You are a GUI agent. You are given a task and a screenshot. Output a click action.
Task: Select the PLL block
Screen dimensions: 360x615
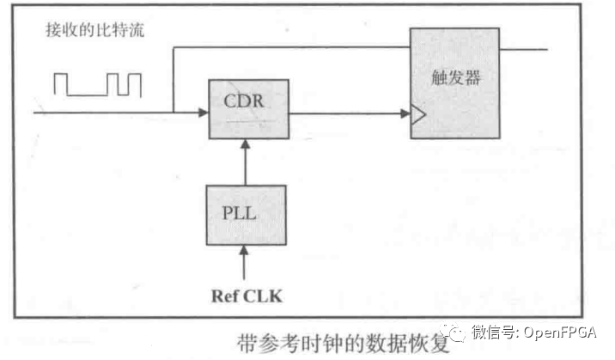pyautogui.click(x=247, y=214)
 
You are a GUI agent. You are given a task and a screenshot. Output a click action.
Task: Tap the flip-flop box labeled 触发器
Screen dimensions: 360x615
pyautogui.click(x=454, y=84)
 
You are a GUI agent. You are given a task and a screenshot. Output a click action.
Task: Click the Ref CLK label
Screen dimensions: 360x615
pyautogui.click(x=247, y=296)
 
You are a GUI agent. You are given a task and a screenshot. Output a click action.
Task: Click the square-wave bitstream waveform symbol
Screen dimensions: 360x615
pyautogui.click(x=97, y=83)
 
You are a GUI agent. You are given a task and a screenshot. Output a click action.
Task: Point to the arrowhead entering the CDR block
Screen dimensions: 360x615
pyautogui.click(x=203, y=112)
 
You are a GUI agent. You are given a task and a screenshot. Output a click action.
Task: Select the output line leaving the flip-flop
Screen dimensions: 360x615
pyautogui.click(x=523, y=48)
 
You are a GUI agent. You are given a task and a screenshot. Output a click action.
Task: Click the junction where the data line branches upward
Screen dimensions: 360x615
pyautogui.click(x=174, y=112)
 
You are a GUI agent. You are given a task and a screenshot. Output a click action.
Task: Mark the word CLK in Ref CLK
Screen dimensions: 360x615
pyautogui.click(x=265, y=296)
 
